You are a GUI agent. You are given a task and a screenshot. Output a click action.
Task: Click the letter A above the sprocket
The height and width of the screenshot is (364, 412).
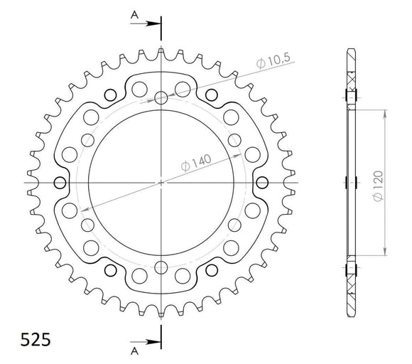point(134,14)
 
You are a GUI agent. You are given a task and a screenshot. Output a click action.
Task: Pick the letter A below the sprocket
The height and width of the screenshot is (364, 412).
point(134,351)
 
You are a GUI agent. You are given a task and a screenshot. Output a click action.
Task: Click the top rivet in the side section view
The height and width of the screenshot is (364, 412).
point(349,97)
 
